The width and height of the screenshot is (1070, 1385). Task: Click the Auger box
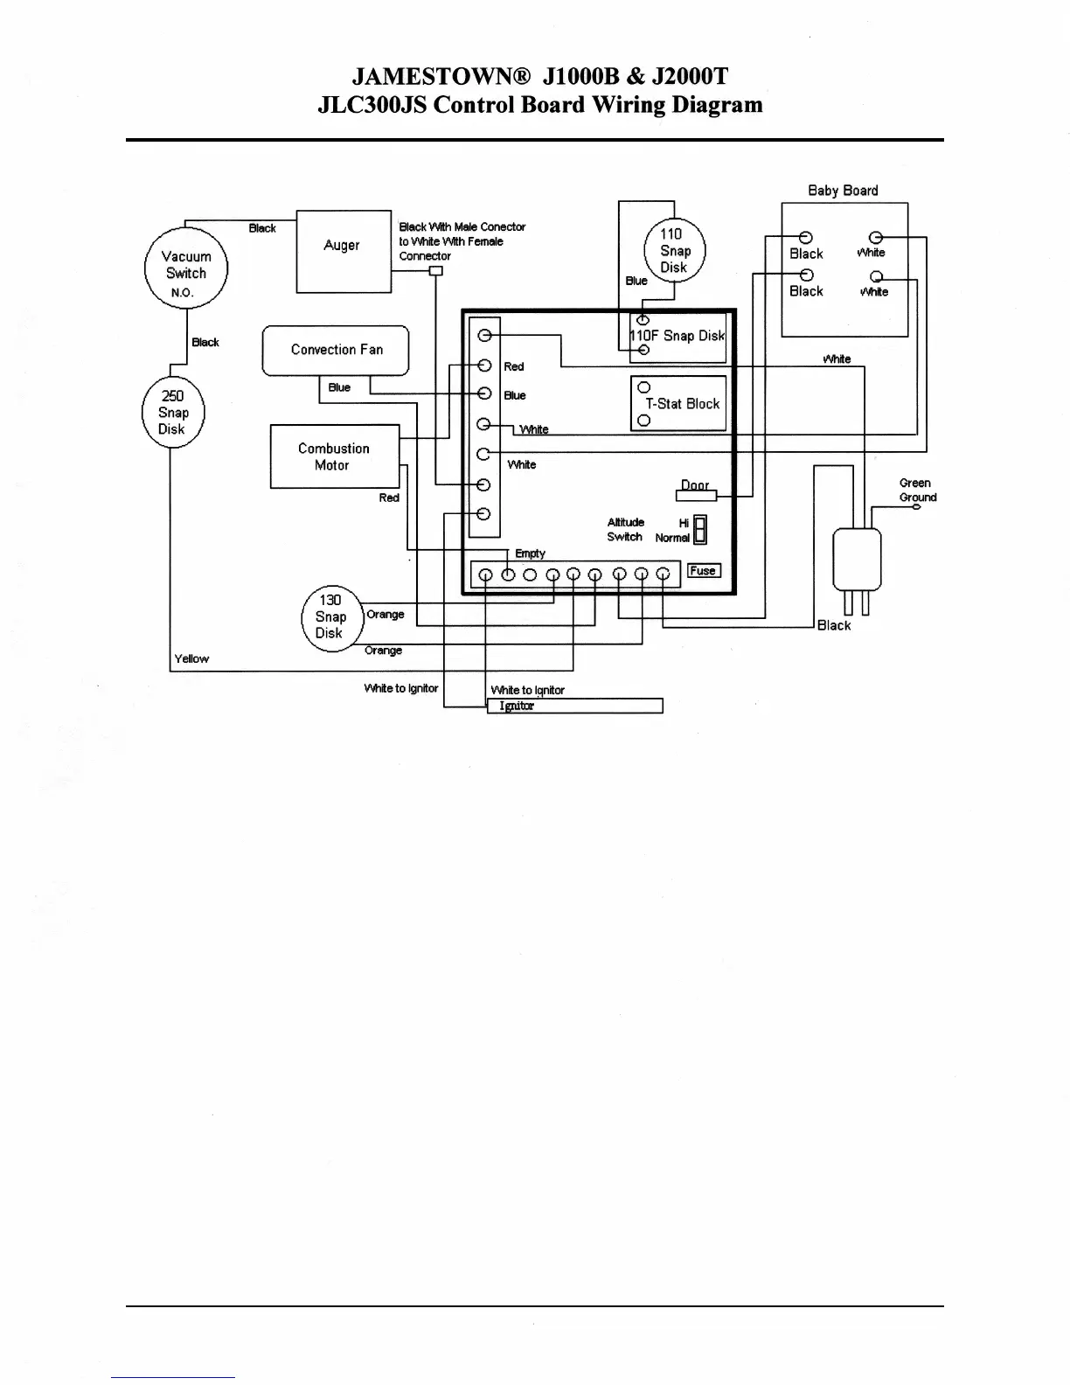[344, 251]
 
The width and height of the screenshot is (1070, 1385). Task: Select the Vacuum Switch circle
[185, 268]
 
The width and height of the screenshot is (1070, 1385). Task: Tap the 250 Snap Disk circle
[173, 413]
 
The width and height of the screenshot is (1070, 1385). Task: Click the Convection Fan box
[336, 350]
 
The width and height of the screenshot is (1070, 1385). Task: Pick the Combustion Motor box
[334, 456]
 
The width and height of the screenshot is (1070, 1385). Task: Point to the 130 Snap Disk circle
[330, 617]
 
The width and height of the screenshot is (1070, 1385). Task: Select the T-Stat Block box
[679, 403]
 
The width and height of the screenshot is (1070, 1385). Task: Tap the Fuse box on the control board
[704, 571]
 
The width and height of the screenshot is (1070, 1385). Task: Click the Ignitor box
[574, 706]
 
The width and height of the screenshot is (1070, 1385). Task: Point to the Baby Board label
[843, 191]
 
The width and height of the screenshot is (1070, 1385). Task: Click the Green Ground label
[916, 490]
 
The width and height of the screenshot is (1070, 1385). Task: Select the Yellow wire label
[191, 658]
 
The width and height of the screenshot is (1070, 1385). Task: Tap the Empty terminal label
[530, 553]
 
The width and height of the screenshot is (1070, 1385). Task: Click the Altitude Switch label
[626, 530]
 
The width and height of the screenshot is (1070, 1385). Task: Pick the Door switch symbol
[696, 495]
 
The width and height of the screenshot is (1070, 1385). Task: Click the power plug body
[857, 560]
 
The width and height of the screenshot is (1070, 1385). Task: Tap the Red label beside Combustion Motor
[389, 498]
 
